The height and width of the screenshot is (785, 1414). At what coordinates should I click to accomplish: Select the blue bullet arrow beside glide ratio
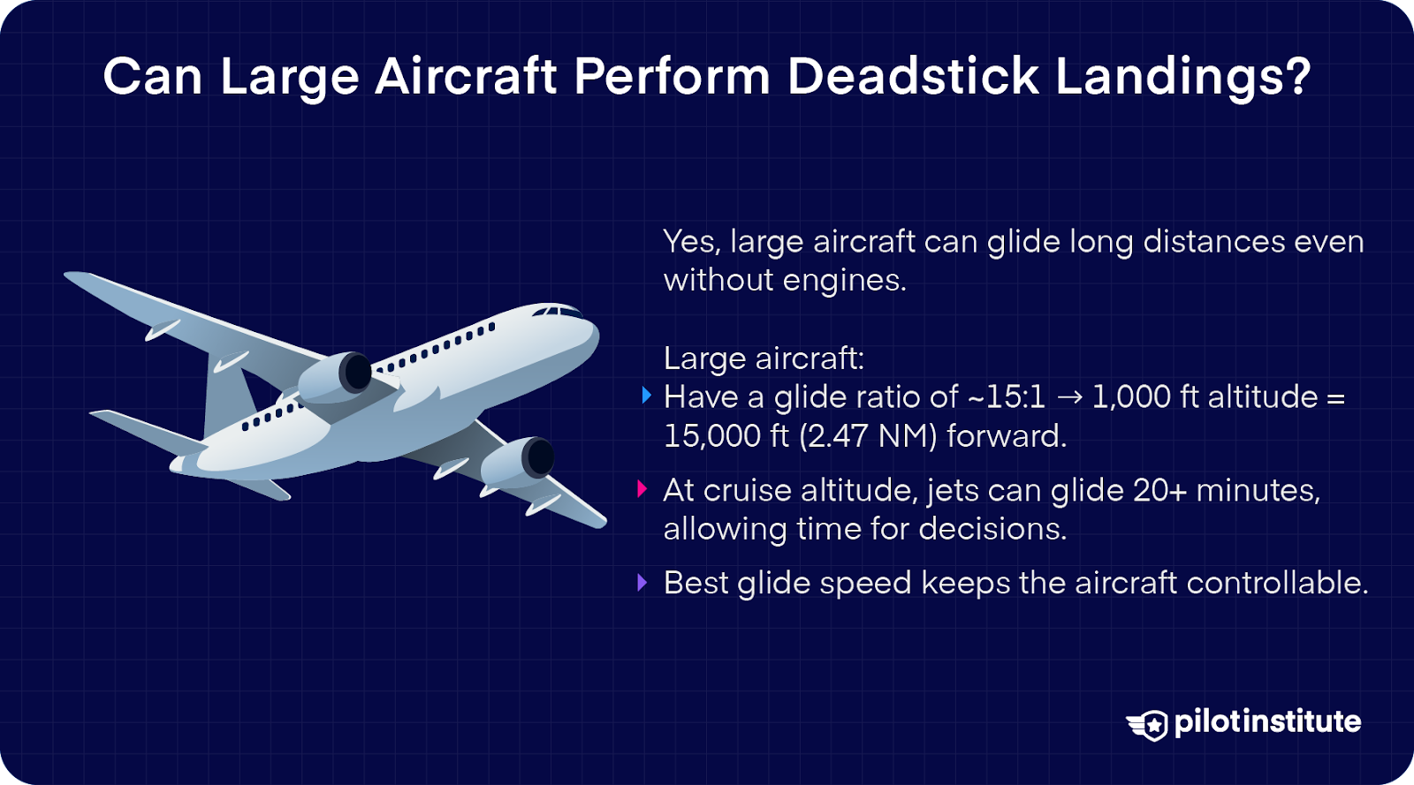pyautogui.click(x=646, y=396)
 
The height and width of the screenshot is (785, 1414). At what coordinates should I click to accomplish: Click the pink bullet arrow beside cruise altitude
pyautogui.click(x=642, y=489)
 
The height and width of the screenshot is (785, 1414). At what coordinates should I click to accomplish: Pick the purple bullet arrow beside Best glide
pyautogui.click(x=642, y=583)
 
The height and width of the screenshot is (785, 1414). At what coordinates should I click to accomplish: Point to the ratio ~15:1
pyautogui.click(x=1007, y=397)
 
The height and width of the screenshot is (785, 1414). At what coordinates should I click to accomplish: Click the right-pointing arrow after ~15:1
pyautogui.click(x=1069, y=398)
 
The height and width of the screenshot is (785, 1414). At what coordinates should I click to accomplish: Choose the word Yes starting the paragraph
pyautogui.click(x=691, y=242)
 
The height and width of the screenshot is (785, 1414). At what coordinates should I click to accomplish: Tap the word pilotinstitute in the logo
pyautogui.click(x=1267, y=721)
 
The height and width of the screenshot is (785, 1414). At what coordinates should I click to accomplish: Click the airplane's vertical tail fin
pyautogui.click(x=225, y=389)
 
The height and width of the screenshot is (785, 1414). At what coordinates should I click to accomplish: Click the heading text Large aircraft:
pyautogui.click(x=764, y=359)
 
